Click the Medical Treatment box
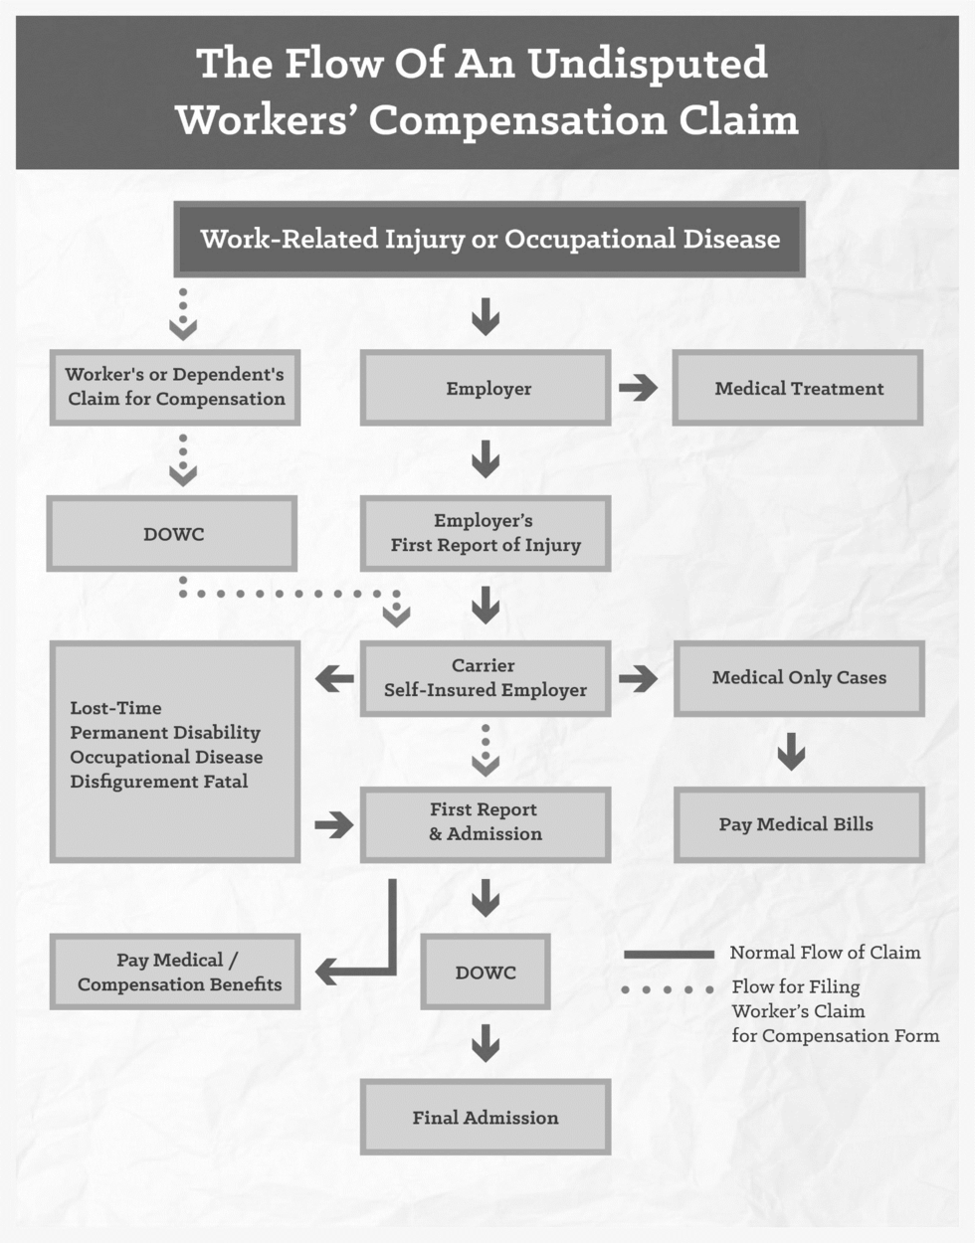click(798, 388)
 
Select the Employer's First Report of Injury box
click(486, 533)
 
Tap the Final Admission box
click(486, 1117)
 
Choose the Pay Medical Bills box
click(798, 824)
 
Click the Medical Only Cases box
click(799, 678)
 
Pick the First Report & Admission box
click(486, 823)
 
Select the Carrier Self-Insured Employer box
click(486, 678)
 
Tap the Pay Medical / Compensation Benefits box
click(175, 972)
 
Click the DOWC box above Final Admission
click(486, 972)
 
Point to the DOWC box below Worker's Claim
click(173, 533)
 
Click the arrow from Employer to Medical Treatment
click(639, 388)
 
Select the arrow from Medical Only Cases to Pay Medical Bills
click(791, 752)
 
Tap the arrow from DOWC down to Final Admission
click(486, 1043)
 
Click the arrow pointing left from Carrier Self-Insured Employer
click(334, 679)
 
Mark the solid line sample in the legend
click(669, 954)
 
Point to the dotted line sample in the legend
click(669, 989)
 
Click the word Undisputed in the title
click(648, 64)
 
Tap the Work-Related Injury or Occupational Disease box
click(489, 239)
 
